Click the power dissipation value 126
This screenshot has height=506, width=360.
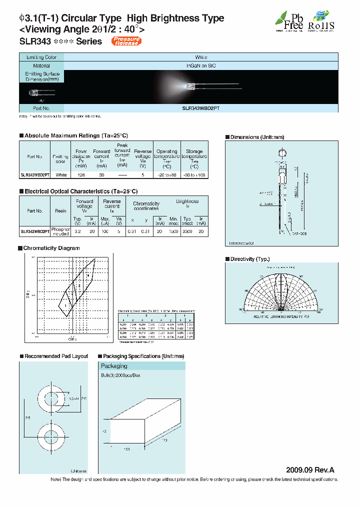tap(81, 175)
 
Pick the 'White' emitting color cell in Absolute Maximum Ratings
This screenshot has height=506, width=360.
tap(61, 175)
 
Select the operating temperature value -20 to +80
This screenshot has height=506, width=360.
tap(167, 175)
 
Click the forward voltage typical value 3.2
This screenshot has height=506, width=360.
tap(77, 232)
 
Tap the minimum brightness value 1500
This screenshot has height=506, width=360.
tap(173, 232)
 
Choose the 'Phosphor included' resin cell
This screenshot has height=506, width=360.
tap(60, 231)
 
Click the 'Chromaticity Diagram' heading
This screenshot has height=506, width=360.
tap(52, 248)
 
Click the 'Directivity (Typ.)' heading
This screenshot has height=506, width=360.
tap(249, 259)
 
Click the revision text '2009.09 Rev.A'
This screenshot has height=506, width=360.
tap(309, 470)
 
